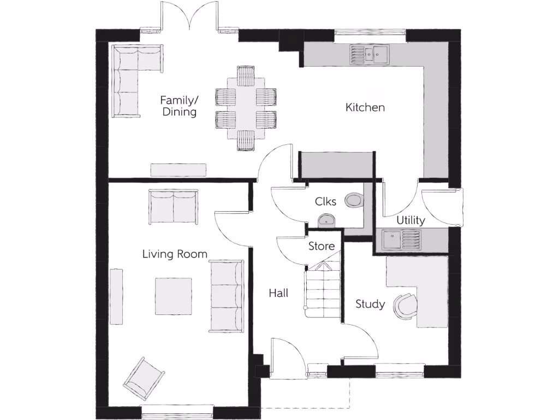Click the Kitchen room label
coord(365,108)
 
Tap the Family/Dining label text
coord(178,106)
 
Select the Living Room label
coord(175,254)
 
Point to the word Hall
coord(278,293)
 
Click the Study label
coord(370,304)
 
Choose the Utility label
coord(411,220)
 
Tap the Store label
coord(322,246)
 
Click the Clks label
coord(325,201)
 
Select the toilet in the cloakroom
coord(354,200)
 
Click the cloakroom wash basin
coord(326,221)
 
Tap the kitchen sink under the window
coord(370,54)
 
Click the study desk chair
coord(405,306)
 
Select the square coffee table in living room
coord(174,296)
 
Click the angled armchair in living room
coord(144,378)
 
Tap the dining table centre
coord(246,108)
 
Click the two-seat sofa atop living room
coord(173,206)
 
